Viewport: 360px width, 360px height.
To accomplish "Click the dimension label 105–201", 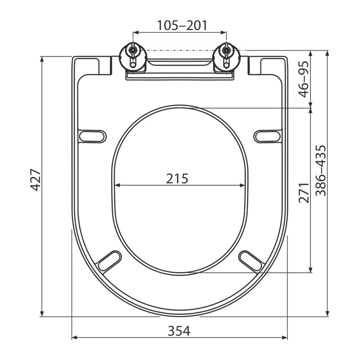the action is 182,25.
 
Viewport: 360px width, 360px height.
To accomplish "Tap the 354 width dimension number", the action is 179,331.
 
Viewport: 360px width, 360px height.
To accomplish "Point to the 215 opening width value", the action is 177,178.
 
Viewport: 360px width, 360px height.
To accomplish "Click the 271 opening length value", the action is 304,193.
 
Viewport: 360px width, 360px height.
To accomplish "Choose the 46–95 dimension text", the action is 303,79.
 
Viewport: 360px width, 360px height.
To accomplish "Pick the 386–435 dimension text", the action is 320,171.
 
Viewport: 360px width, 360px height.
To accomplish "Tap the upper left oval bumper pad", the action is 93,136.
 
